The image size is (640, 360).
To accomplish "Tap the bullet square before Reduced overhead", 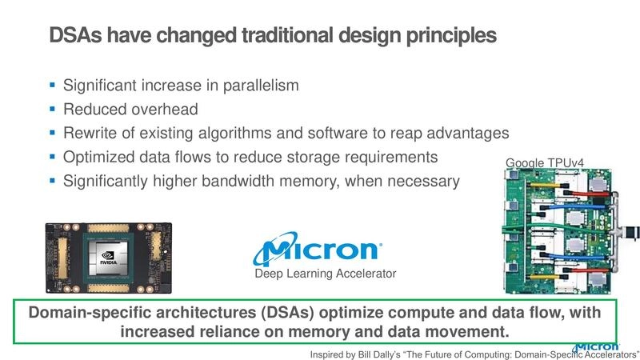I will tap(52, 108).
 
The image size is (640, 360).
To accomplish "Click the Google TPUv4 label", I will tap(545, 164).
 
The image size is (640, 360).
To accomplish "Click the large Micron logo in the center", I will tap(316, 250).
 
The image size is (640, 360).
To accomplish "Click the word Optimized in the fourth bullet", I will tap(96, 157).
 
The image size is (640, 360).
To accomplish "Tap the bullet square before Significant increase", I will tap(52, 84).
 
